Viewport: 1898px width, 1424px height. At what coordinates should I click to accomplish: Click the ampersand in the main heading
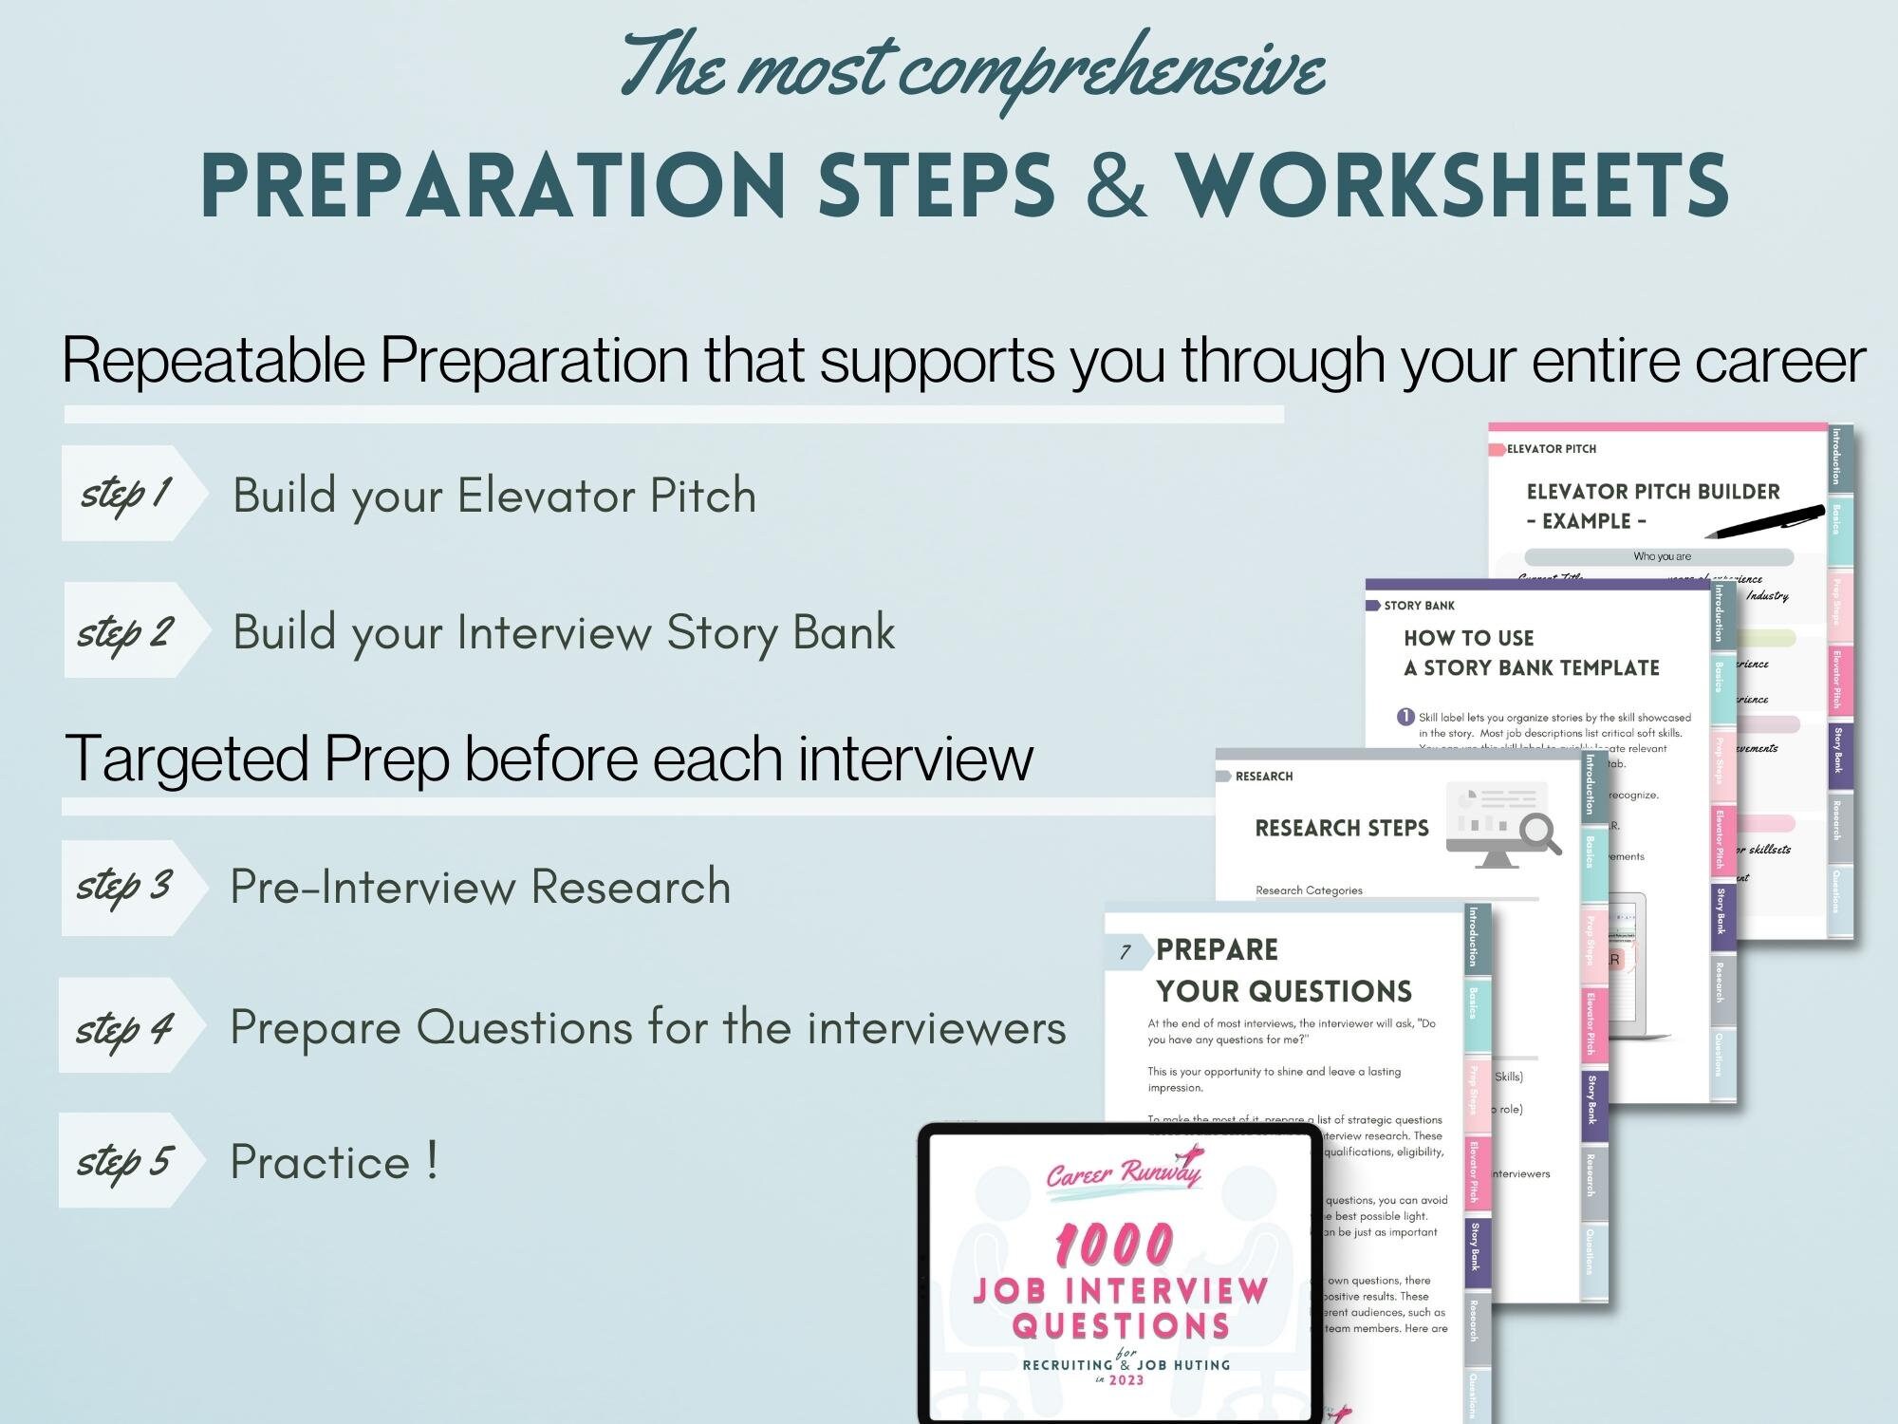point(1116,185)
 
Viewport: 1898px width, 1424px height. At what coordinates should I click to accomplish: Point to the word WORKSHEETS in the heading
point(1452,185)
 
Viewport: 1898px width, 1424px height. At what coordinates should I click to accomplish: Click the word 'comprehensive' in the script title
point(1110,71)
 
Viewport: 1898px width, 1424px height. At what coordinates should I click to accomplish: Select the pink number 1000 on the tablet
point(1115,1244)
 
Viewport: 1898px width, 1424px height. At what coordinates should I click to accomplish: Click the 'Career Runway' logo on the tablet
point(1124,1171)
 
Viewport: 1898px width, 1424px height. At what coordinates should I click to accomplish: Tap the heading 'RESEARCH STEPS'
point(1341,828)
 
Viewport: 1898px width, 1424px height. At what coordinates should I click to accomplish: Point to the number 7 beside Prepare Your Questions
point(1126,952)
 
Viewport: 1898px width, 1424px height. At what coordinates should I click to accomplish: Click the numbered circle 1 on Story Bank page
point(1405,717)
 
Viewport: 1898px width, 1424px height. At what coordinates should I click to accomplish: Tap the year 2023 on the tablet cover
point(1126,1379)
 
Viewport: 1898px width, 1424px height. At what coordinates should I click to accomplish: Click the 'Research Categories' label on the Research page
point(1309,890)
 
